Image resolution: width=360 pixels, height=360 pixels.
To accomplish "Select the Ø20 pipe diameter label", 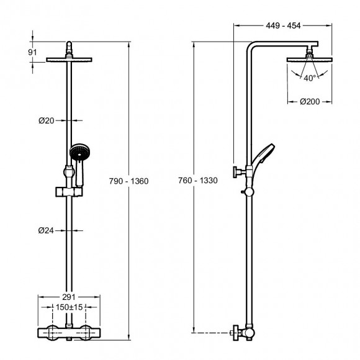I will click(47, 121).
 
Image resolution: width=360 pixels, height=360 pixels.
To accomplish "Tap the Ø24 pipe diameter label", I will click(47, 231).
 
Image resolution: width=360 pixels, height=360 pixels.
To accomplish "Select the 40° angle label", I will click(310, 78).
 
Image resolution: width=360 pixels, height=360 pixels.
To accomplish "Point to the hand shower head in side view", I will click(268, 152).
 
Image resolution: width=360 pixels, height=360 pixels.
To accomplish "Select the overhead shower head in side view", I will click(309, 59).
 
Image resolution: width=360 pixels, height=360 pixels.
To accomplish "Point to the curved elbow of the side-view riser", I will click(253, 51).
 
